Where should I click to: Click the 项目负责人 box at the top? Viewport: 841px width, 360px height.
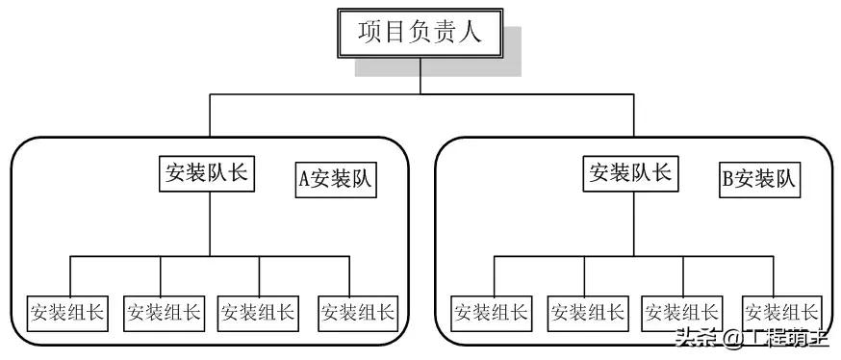(420, 35)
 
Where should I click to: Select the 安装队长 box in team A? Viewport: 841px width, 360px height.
(207, 174)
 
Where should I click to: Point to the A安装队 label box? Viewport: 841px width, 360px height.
(335, 180)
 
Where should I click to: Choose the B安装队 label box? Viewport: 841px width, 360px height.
(760, 180)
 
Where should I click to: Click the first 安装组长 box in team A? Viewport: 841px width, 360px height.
(67, 312)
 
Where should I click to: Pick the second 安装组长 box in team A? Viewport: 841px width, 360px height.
(163, 312)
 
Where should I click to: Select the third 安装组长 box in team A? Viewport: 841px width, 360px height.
(257, 312)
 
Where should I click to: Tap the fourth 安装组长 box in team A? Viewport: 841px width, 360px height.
(357, 312)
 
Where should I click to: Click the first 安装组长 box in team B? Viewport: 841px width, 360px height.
(492, 312)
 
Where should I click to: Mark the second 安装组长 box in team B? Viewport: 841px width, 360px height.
(587, 312)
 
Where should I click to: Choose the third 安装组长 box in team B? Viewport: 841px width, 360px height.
(682, 312)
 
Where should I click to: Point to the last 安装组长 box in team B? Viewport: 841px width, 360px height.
(781, 312)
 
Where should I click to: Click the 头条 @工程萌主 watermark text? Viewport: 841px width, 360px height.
(752, 339)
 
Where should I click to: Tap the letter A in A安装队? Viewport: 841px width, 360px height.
(304, 180)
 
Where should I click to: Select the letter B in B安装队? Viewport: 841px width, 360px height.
(728, 180)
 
